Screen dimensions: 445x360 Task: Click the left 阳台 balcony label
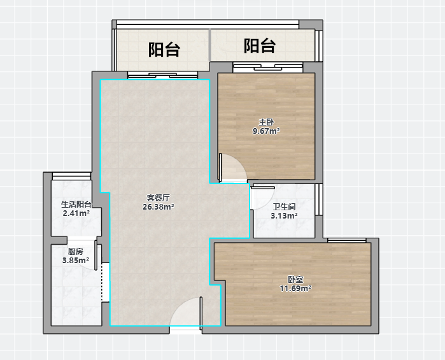[164, 50]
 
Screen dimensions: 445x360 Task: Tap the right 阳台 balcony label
[260, 46]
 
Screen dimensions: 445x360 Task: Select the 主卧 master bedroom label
[266, 122]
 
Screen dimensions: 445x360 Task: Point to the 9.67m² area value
[266, 131]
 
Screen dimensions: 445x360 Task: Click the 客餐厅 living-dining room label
[158, 198]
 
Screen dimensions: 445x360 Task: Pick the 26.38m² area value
[158, 206]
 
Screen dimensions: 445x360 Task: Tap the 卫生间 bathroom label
[284, 207]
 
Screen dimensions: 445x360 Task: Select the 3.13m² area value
[284, 215]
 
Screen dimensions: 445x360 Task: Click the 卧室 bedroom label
[295, 280]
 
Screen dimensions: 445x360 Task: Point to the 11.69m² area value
[295, 289]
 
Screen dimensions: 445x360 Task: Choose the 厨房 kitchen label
[76, 252]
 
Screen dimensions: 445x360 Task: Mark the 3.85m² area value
[76, 260]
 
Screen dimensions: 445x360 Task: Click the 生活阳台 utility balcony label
[76, 205]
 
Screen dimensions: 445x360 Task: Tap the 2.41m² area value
[76, 213]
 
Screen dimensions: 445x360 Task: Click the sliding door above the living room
[162, 75]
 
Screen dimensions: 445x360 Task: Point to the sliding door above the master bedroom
[267, 68]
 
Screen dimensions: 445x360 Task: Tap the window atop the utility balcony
[71, 176]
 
